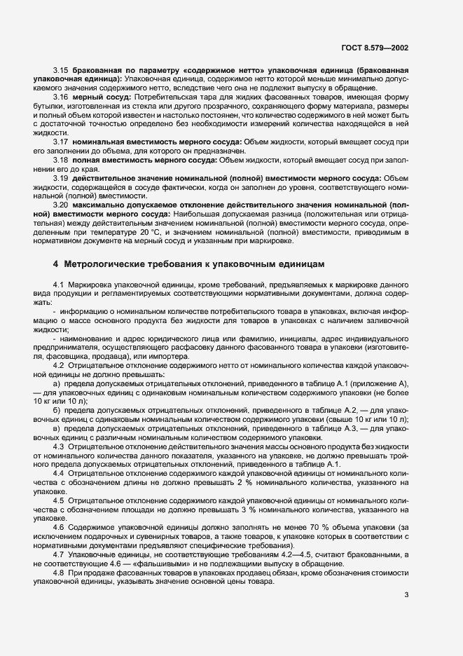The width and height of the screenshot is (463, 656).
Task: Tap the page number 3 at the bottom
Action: click(407, 596)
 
